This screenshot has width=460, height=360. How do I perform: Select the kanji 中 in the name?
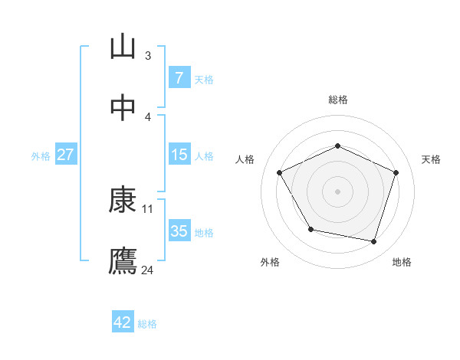pos(123,107)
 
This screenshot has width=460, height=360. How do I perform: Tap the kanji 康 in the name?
pos(123,201)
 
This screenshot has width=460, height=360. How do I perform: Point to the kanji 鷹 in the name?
pos(123,261)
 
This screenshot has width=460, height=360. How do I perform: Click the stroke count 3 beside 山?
pos(148,55)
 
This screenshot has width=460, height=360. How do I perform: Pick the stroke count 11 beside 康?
pos(148,208)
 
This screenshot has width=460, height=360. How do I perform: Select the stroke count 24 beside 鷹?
pos(148,270)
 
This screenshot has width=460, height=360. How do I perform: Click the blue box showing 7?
pos(179,78)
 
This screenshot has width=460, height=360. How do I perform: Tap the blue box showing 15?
pos(179,155)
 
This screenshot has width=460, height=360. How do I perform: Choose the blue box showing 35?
pos(179,231)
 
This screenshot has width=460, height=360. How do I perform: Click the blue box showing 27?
pos(65,155)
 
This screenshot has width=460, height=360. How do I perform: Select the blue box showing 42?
pos(123,323)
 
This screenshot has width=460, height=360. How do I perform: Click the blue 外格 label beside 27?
pos(41,156)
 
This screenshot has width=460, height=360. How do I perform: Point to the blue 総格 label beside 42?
pos(147,325)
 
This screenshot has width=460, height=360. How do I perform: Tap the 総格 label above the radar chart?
pos(337,100)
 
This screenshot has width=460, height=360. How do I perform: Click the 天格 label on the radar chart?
pos(431,159)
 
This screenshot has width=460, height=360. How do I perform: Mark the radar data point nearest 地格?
pos(374,242)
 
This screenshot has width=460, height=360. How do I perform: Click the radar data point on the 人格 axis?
pos(279,172)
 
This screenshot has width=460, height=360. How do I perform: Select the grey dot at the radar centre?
pos(337,191)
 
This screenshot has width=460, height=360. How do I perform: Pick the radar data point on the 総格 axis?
pos(337,146)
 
